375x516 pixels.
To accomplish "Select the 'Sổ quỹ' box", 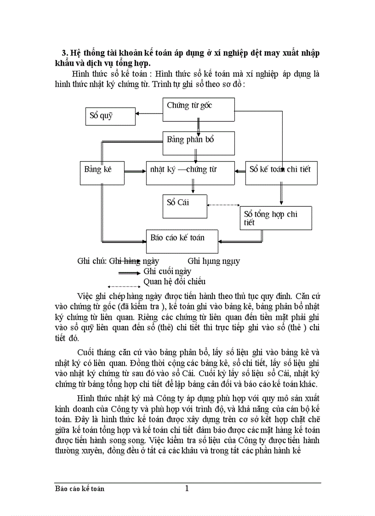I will point(110,116).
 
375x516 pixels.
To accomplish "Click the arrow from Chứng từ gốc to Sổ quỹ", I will point(149,113).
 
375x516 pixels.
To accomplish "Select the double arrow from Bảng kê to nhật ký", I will point(135,172).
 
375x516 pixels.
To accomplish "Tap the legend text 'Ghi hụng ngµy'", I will point(213,261).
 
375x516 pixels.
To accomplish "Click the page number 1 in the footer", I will point(187,488).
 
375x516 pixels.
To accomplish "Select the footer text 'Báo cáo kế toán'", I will point(79,488).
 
